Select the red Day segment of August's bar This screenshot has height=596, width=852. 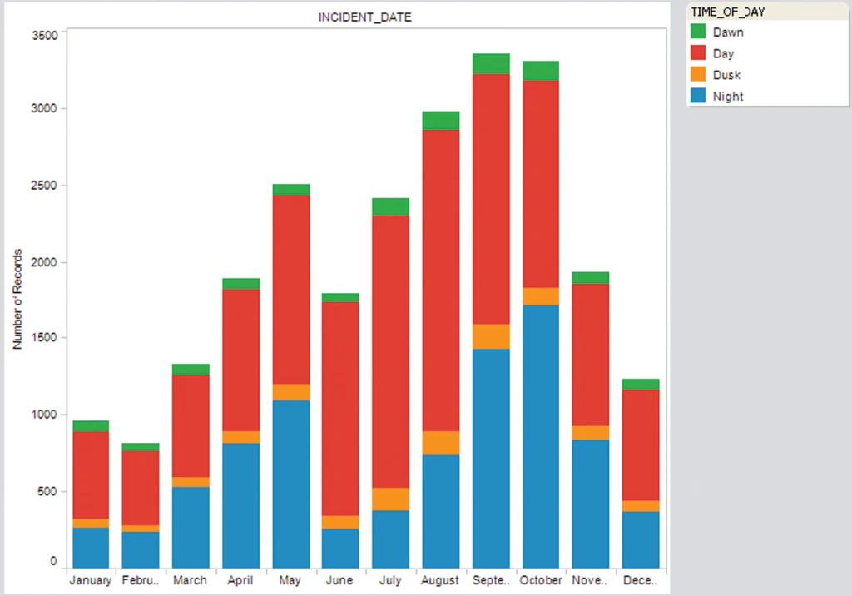[x=441, y=280]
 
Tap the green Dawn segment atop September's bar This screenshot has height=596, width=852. [x=491, y=63]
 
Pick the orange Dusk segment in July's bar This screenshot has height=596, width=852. [x=390, y=499]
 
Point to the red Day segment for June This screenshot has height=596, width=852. [x=340, y=408]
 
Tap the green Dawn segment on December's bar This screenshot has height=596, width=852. [x=641, y=384]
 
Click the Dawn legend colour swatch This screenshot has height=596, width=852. [x=698, y=32]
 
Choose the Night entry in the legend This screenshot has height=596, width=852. [x=728, y=97]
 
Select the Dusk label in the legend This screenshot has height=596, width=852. [x=726, y=75]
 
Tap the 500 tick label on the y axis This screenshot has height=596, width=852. [x=47, y=491]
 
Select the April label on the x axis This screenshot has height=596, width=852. [x=240, y=580]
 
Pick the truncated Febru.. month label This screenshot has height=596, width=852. [x=140, y=580]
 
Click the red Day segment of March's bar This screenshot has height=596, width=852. [x=191, y=425]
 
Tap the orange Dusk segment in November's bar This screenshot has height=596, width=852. [x=591, y=432]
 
